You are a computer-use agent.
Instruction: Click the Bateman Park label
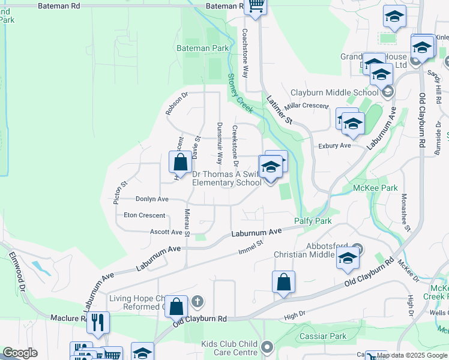click(202, 48)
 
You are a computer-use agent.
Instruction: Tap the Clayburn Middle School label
click(334, 92)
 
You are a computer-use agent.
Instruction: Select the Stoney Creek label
click(240, 92)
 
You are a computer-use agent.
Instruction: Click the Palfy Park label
click(313, 221)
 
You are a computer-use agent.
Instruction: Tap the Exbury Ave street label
click(334, 146)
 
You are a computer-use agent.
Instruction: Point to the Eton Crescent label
click(144, 215)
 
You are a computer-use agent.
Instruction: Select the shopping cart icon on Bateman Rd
click(256, 7)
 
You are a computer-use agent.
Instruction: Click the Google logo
click(20, 353)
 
